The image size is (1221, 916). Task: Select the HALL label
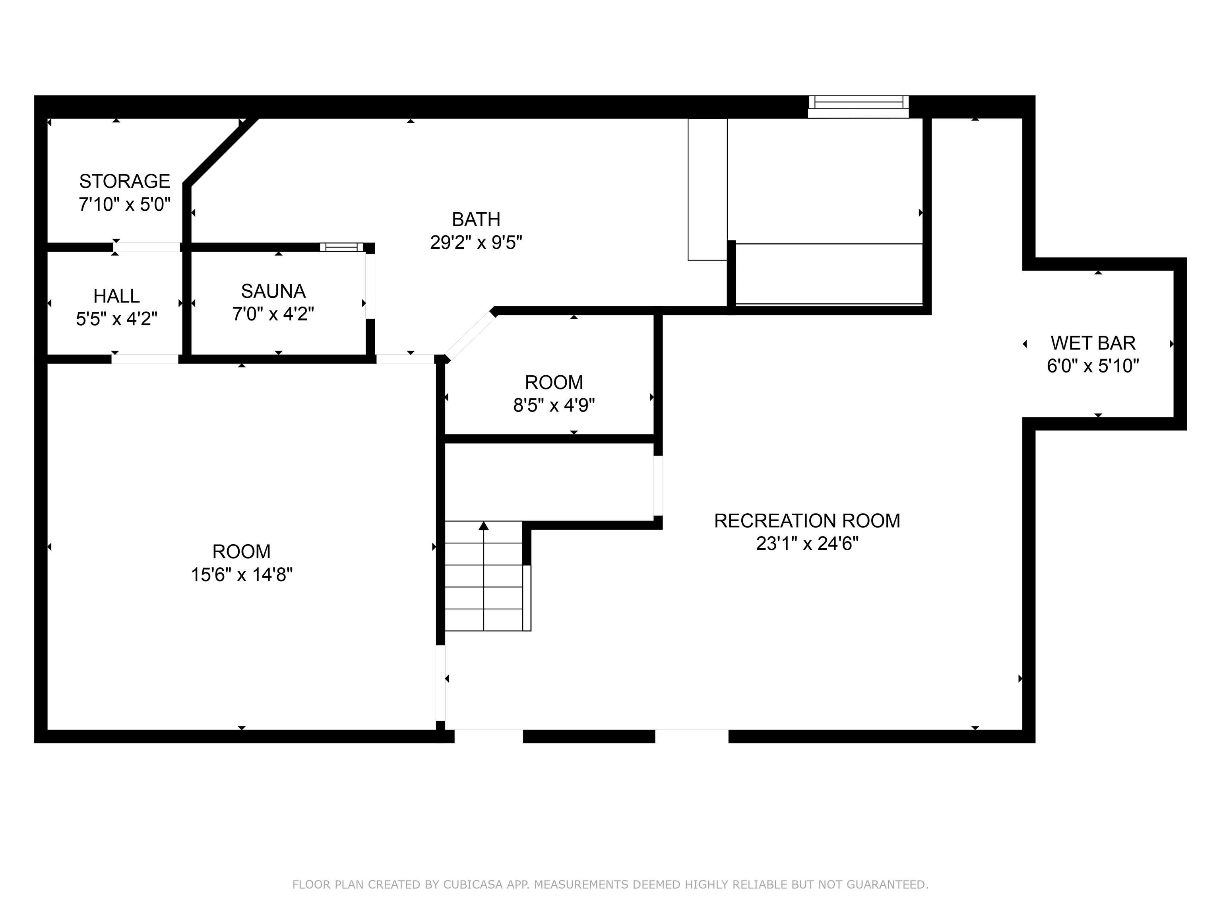(116, 296)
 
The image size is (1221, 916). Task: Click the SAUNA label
(273, 291)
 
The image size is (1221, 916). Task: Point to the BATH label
(476, 219)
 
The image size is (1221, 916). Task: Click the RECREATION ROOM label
(806, 521)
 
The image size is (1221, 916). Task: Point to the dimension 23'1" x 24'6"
(806, 544)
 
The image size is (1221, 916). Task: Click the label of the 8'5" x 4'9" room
(554, 382)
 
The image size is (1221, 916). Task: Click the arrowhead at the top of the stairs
(484, 526)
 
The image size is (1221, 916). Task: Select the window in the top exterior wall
(859, 106)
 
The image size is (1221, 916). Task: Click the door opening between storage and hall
(147, 247)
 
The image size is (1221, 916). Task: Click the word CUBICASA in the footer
(473, 885)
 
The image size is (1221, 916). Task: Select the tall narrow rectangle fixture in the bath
(707, 189)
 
